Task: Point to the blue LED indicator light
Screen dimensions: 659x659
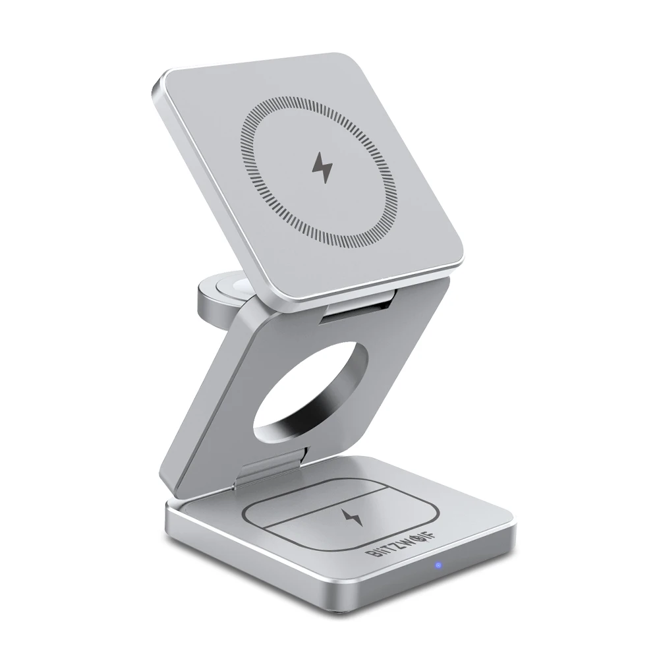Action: coord(436,565)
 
